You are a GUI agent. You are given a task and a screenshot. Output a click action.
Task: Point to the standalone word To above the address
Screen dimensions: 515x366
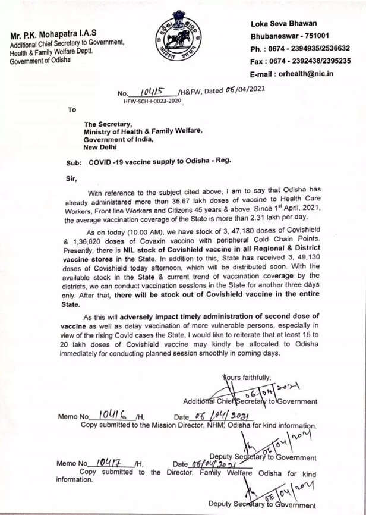72,109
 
